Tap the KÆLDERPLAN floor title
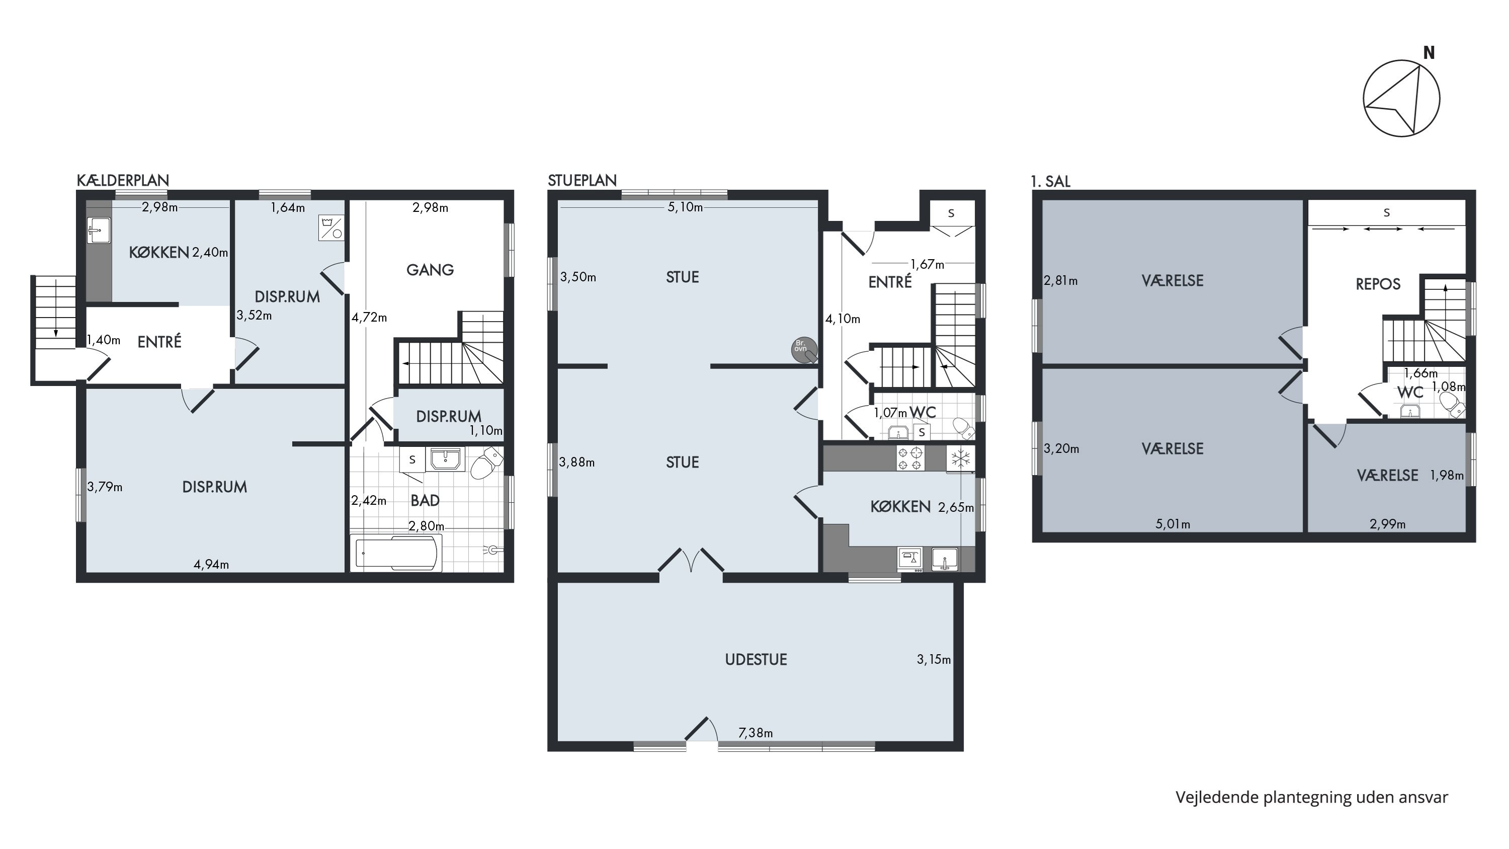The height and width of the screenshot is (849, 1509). coord(123,181)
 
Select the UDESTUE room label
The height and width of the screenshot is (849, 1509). coord(756,659)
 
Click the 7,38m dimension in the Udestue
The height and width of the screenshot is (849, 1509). coord(756,732)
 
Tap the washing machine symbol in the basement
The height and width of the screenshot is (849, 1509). coord(331,227)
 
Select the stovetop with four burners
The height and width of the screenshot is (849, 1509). coord(910,458)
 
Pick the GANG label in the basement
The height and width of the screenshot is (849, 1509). coord(430,270)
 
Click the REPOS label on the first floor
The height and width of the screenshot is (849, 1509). coord(1378,284)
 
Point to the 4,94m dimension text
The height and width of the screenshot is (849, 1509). coord(211,564)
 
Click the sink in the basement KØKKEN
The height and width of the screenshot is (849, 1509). coord(98,230)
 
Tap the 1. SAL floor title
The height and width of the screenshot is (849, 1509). coord(1051,182)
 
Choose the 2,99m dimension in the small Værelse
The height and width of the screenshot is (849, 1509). coord(1387,524)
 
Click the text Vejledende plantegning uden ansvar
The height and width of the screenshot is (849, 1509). coord(1312,798)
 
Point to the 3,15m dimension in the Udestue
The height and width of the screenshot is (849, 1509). coord(934,659)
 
